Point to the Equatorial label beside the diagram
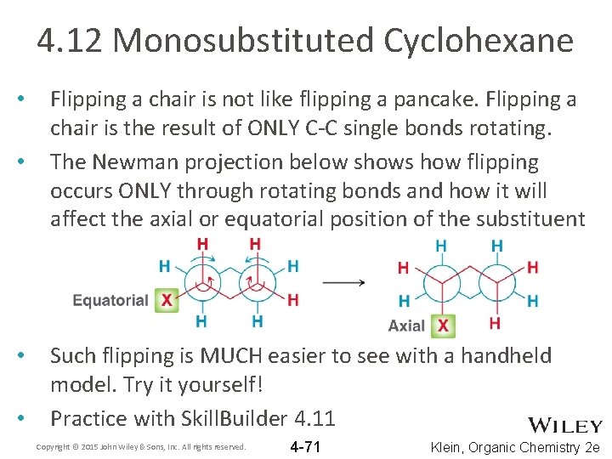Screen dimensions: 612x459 point(110,300)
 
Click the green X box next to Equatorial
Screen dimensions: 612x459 point(167,300)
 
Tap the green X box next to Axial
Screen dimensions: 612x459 point(442,326)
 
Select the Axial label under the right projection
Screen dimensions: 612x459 point(406,326)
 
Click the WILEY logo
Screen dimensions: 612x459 point(565,426)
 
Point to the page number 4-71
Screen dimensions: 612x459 point(305,447)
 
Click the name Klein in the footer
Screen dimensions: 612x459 point(450,447)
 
